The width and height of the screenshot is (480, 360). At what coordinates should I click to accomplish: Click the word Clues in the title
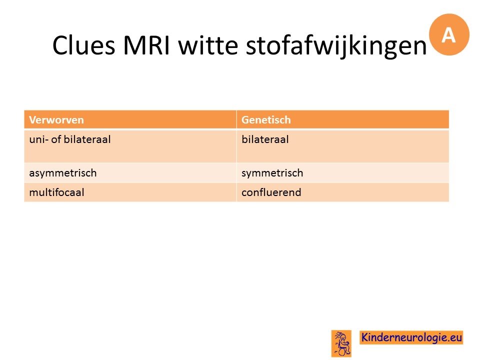tap(83, 45)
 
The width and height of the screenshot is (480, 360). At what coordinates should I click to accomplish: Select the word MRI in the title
tap(146, 45)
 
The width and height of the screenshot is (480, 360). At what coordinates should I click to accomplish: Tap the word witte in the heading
tap(208, 45)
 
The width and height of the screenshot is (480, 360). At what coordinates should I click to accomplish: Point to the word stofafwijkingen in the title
tap(336, 46)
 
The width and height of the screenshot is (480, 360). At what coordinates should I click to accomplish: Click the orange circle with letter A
tap(449, 34)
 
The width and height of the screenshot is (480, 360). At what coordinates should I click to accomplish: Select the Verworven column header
tap(56, 119)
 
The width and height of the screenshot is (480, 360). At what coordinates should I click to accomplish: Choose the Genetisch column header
tap(266, 119)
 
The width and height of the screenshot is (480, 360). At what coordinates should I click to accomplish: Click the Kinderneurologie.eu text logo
tap(411, 337)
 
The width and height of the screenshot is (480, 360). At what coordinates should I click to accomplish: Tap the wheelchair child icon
tap(341, 343)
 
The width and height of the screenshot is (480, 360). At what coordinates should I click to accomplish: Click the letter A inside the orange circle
tap(448, 35)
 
